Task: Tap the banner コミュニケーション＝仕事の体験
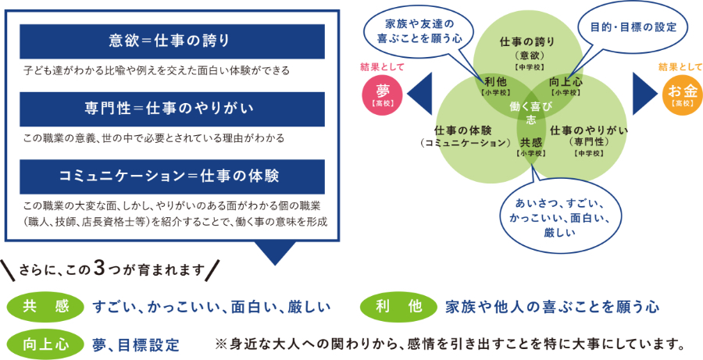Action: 173,174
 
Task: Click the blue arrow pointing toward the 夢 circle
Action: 421,92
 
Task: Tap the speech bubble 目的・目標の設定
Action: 632,26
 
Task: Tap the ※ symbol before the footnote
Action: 219,344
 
